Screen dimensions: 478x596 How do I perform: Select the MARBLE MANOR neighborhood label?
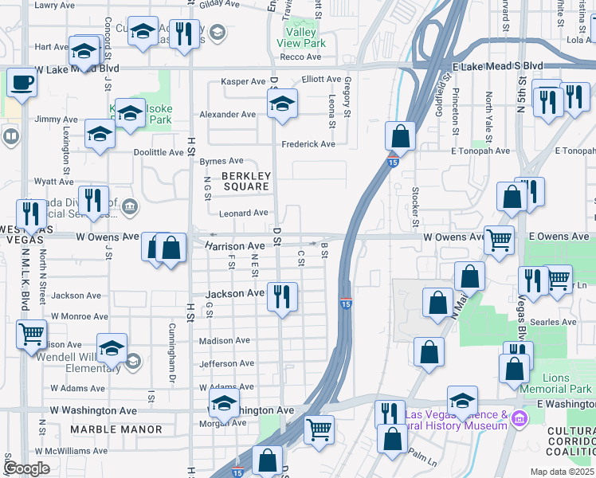(x=116, y=429)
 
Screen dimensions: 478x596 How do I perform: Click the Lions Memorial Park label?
(x=555, y=384)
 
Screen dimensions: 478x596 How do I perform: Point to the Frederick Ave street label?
(x=308, y=144)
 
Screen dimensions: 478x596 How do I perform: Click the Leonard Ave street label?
(x=244, y=213)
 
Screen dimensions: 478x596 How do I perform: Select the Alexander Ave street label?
(x=228, y=115)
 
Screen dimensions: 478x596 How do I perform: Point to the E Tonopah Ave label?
(x=480, y=151)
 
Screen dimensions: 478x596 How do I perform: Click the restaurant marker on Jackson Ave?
(x=282, y=297)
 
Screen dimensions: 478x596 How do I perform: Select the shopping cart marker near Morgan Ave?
(x=319, y=429)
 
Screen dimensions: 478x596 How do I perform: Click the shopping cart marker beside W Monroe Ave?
(x=32, y=335)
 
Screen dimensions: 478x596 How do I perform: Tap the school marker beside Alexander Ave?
(x=282, y=104)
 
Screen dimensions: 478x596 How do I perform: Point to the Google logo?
(x=26, y=468)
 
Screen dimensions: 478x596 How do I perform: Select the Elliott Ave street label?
(x=321, y=80)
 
